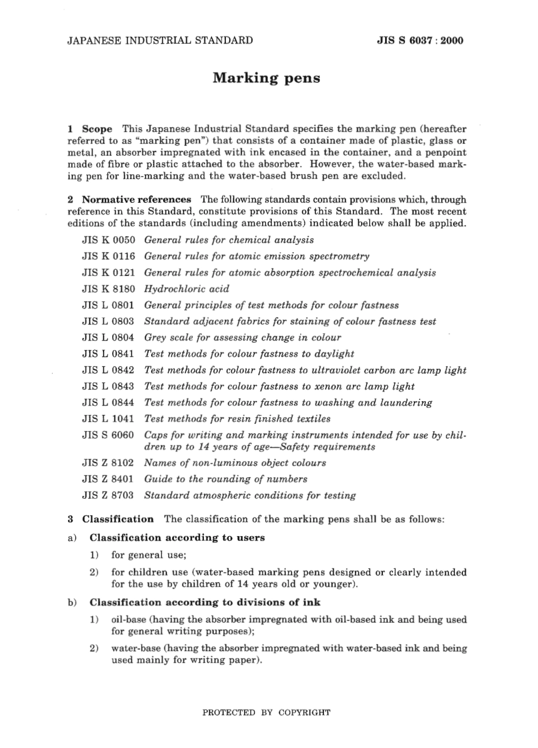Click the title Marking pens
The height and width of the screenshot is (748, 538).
(266, 78)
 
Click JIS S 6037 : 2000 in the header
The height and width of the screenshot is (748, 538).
(420, 40)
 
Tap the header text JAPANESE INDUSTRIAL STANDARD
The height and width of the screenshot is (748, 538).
(160, 40)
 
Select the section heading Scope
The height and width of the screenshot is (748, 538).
(97, 129)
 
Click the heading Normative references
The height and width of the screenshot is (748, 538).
(136, 199)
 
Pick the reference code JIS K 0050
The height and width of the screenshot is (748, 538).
(108, 240)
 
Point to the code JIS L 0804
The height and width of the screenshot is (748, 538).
(108, 338)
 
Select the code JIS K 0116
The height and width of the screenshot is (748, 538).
(108, 256)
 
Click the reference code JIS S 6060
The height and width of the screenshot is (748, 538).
(108, 435)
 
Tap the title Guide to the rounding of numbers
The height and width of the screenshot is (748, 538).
(225, 479)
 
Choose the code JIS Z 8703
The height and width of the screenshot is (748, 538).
(108, 495)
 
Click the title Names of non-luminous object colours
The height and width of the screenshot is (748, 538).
(235, 463)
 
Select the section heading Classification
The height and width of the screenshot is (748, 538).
(118, 519)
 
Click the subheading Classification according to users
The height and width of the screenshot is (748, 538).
(177, 538)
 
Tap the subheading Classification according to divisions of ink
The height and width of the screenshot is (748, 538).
(204, 602)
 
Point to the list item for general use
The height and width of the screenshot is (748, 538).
(149, 555)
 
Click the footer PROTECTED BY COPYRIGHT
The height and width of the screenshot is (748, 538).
(266, 713)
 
